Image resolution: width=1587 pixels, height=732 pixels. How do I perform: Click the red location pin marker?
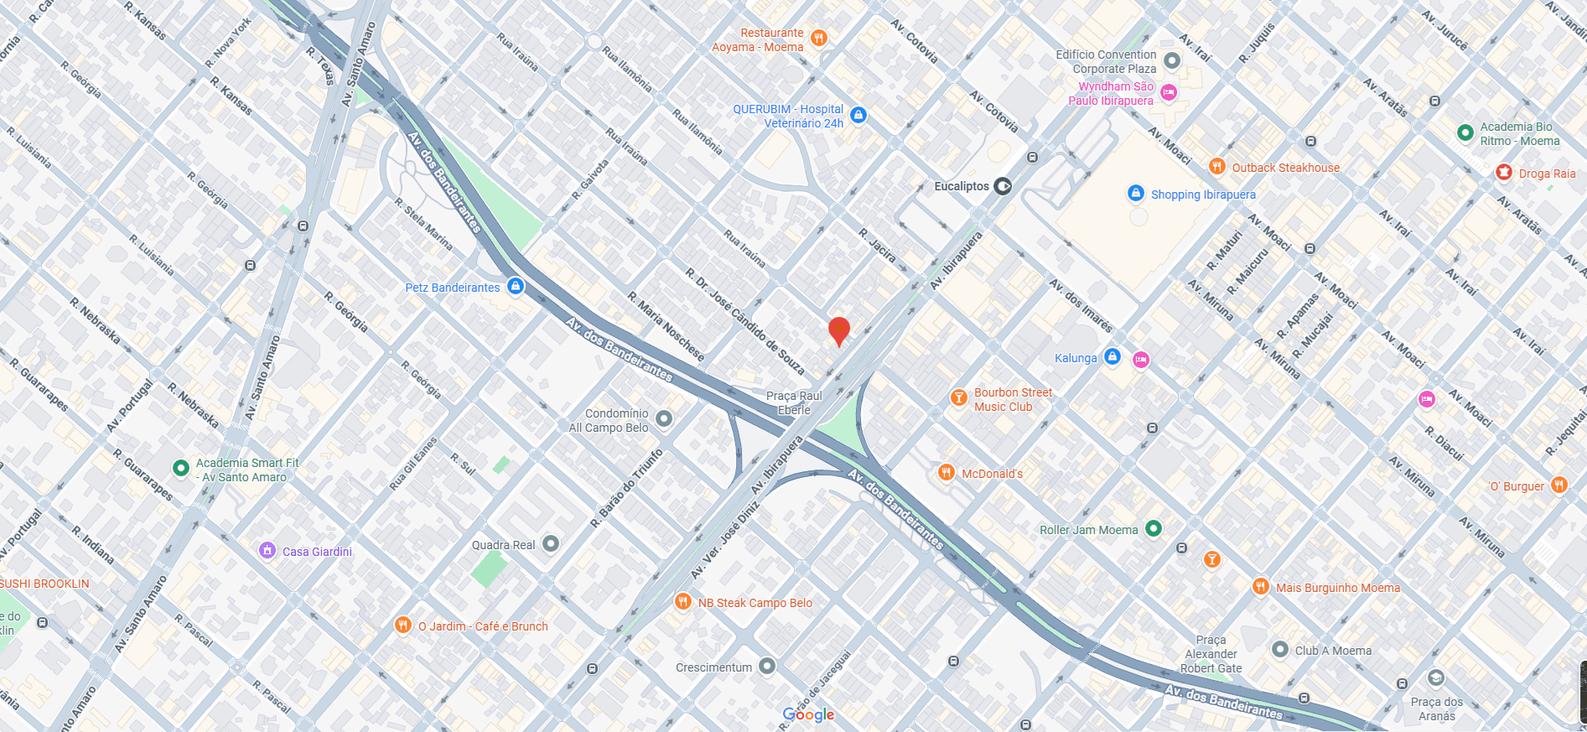coord(838,330)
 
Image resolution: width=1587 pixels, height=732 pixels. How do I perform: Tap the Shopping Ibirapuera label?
coord(1202,195)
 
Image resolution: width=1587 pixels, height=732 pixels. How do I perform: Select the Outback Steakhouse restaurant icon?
coord(1217,167)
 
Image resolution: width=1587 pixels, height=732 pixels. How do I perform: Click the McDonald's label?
coord(992,474)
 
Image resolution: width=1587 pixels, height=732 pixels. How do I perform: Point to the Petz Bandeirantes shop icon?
coord(516,287)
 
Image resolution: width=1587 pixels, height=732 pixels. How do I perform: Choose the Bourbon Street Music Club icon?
coord(958,398)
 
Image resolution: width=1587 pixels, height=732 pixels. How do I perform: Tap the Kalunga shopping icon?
coord(1112,357)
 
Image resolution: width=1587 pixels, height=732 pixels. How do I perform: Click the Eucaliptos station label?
coord(962,186)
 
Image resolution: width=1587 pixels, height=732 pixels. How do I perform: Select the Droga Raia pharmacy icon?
coord(1504,173)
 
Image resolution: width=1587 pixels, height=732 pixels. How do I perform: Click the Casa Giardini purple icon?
coord(267,551)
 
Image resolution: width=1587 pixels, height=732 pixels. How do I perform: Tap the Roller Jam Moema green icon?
coord(1154,529)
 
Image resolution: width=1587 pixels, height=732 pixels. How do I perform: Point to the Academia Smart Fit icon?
coord(180,468)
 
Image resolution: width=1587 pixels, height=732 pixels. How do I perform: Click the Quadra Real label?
coord(503,545)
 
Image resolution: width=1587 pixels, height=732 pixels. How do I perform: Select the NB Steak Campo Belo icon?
coord(683,602)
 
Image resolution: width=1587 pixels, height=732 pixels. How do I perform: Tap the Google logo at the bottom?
coord(808,714)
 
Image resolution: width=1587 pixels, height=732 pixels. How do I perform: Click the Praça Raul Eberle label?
coord(794,402)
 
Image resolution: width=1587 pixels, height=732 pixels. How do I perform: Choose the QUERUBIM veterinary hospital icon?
coord(858,115)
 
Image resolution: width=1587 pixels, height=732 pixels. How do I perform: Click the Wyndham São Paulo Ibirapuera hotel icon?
coord(1169,92)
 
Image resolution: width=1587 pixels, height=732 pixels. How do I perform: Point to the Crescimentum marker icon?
coord(767,667)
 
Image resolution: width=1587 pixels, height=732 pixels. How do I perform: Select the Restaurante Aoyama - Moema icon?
coord(819,38)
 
